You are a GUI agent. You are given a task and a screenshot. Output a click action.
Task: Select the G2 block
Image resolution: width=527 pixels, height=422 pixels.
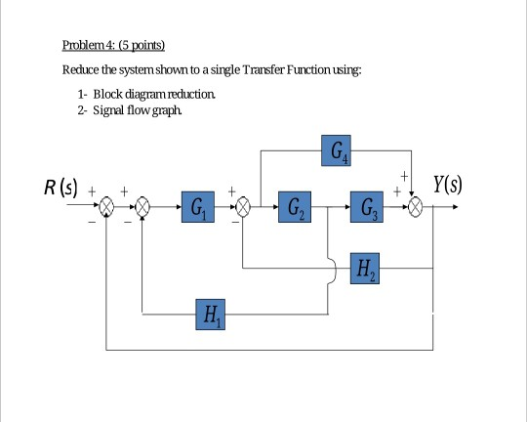point(295,208)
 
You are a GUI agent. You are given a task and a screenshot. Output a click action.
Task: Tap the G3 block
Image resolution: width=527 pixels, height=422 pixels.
point(367,208)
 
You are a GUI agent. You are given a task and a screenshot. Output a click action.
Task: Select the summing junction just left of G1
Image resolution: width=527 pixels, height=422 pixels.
point(142,208)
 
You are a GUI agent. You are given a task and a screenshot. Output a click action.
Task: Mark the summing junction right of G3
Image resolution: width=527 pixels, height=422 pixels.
point(417,208)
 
